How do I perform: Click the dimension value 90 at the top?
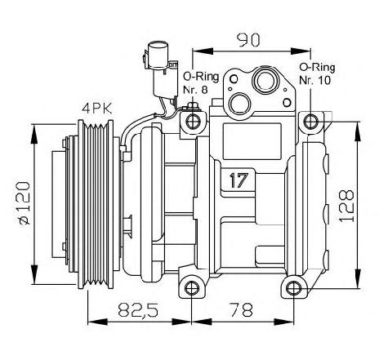point(248,40)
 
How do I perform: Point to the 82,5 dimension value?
point(138,309)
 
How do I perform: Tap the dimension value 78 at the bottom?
point(241,309)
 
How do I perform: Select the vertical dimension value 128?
point(346,206)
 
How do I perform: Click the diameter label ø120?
point(25,203)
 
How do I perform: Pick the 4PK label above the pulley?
point(97,109)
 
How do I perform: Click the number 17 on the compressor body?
point(239,180)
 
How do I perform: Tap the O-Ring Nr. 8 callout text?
point(201,82)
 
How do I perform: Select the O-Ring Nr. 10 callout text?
point(317,73)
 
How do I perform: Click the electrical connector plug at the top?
point(161,69)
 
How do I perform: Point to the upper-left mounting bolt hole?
point(193,122)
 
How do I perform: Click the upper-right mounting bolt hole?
point(310,122)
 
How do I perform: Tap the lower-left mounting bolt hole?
point(192,288)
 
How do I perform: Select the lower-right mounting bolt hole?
point(294,288)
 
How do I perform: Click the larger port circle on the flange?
point(265,81)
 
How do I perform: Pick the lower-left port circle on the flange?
point(240,104)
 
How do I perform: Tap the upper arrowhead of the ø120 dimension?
point(34,133)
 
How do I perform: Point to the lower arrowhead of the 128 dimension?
point(358,278)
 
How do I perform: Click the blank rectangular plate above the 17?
point(252,141)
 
